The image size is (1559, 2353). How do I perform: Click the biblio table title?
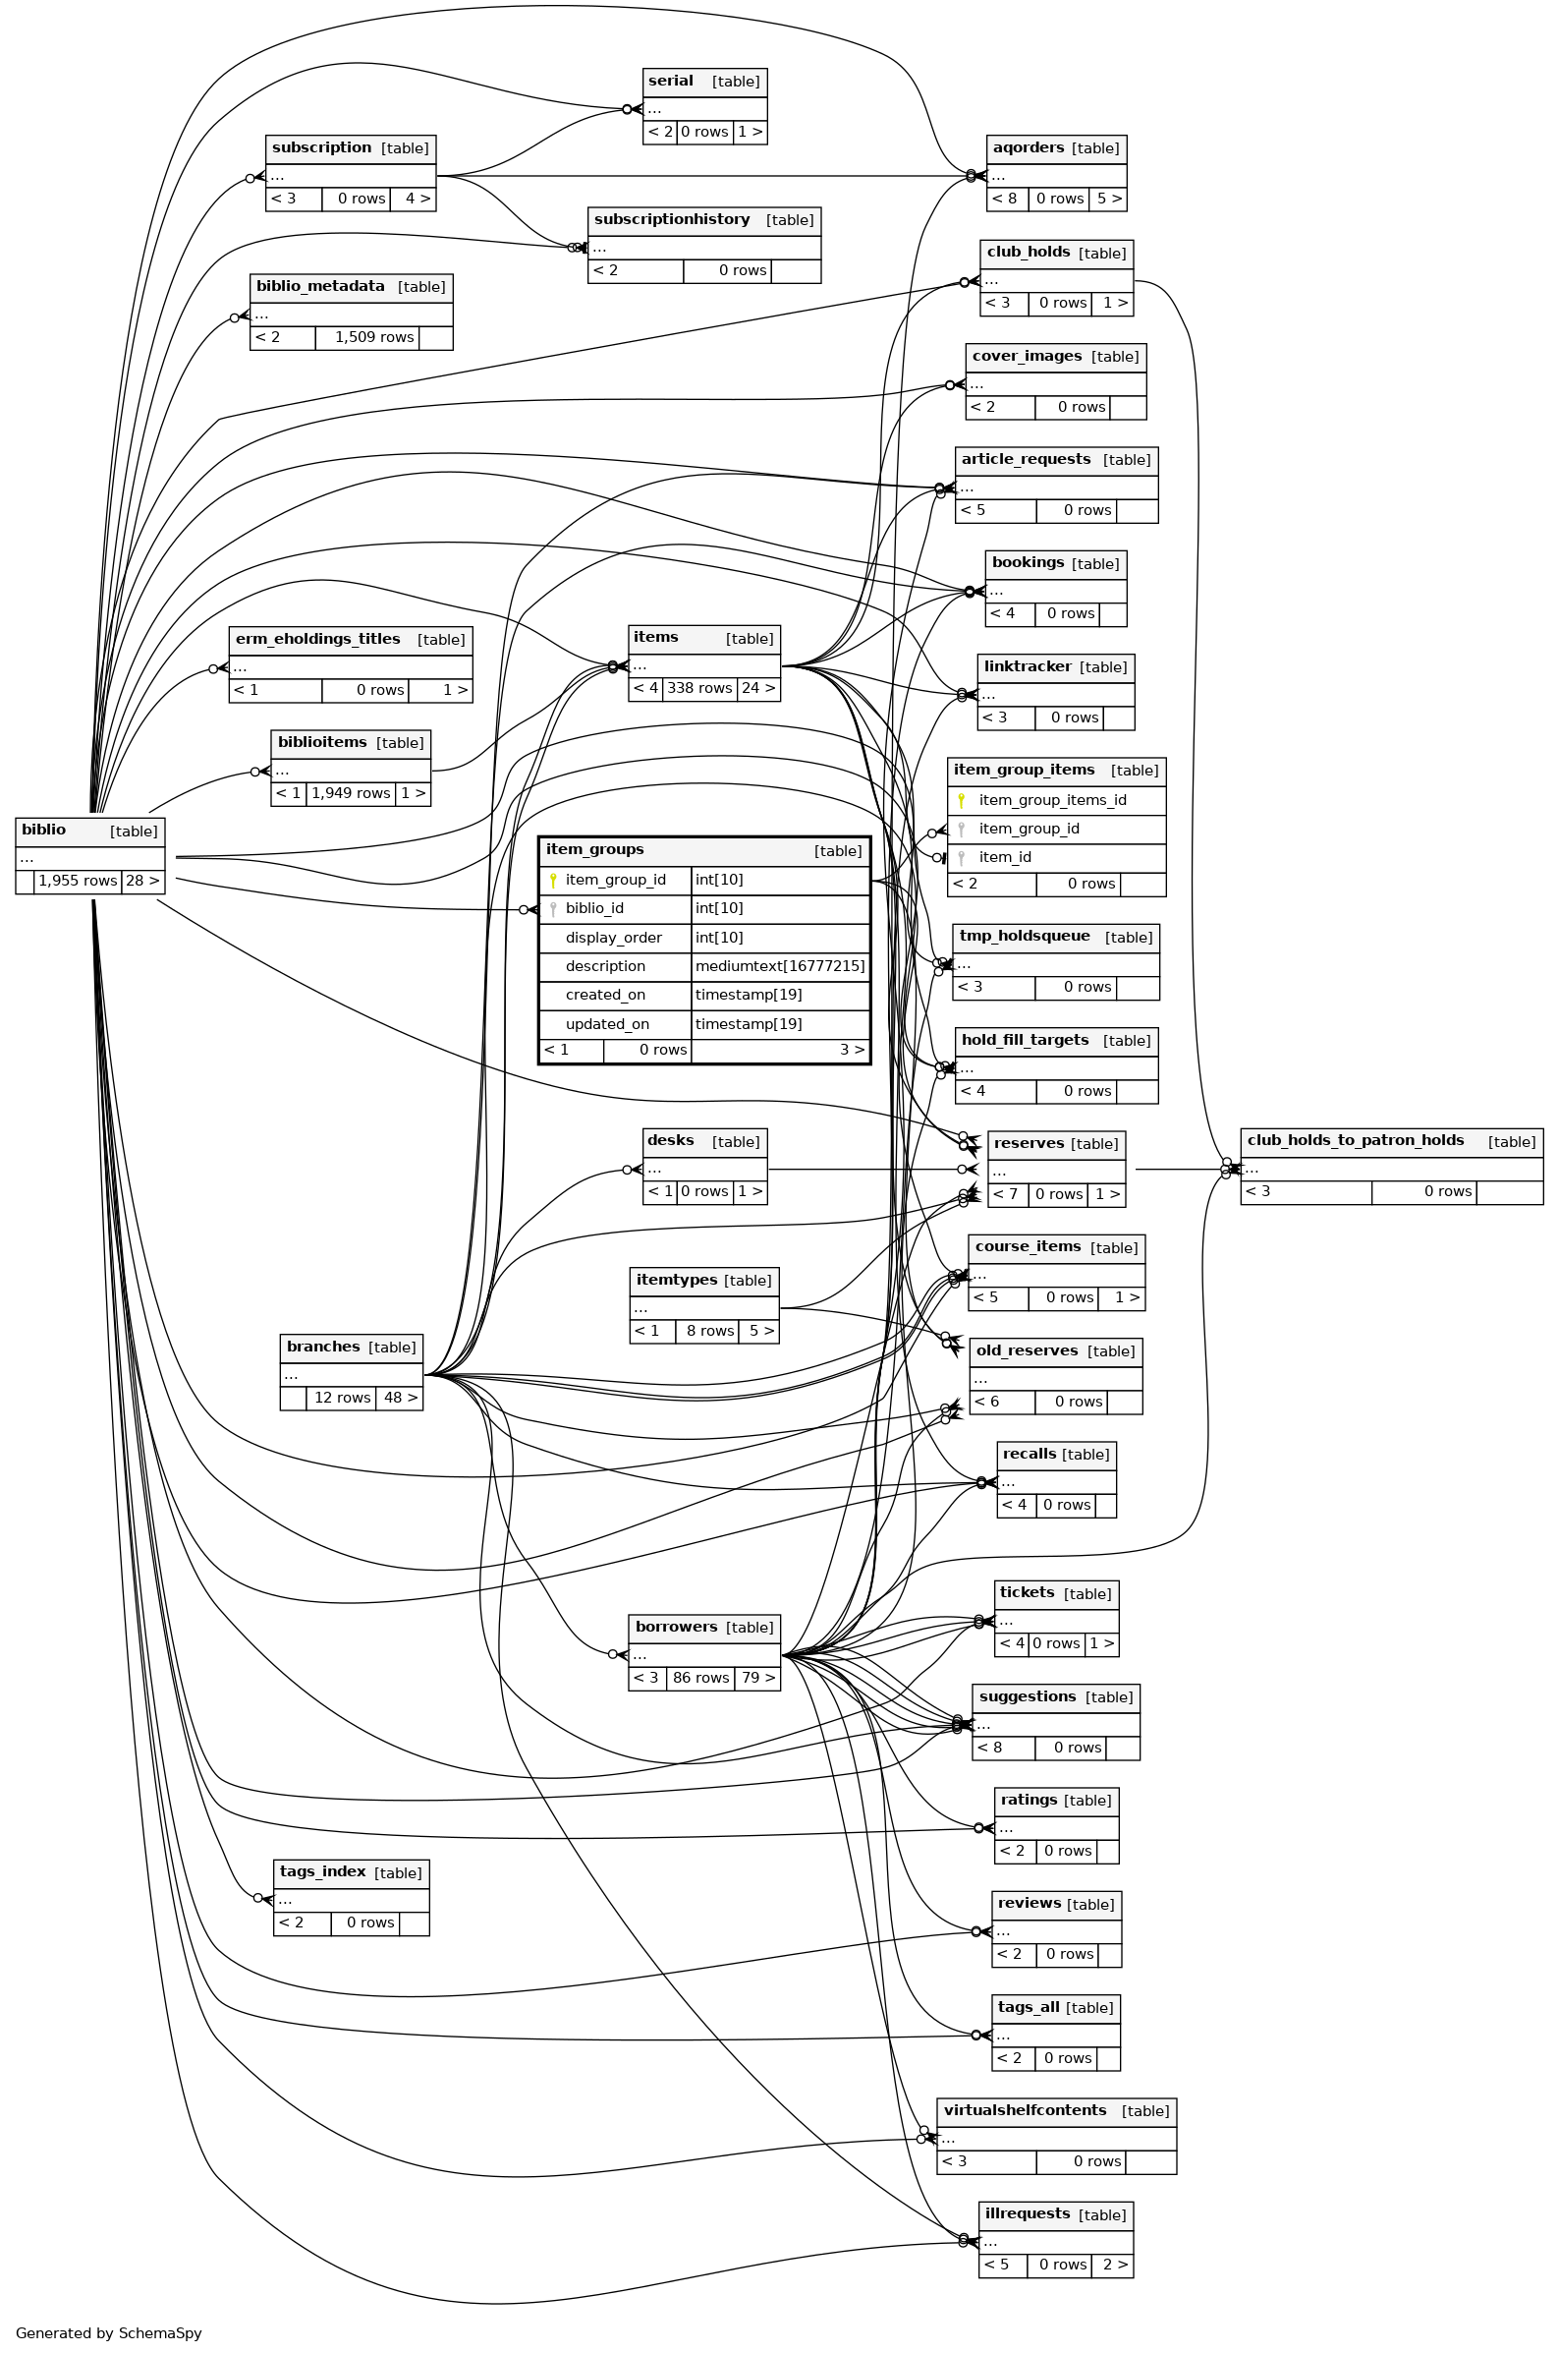(44, 830)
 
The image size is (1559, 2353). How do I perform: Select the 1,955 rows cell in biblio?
(78, 880)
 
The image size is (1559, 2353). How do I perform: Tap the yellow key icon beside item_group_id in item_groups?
(553, 879)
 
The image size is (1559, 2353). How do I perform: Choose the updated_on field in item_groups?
(606, 1023)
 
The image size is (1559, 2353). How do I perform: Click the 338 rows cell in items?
(699, 688)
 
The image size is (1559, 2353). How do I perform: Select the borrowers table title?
(676, 1626)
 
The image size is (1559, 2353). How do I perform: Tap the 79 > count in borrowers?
(757, 1677)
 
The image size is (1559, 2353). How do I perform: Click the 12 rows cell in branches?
(342, 1398)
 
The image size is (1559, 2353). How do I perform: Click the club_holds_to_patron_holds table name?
(1356, 1140)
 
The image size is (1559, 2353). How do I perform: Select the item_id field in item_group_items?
(1004, 856)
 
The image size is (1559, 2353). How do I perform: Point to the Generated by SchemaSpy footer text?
(108, 2332)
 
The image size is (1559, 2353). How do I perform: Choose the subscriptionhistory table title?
(671, 219)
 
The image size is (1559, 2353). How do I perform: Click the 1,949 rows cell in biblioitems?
(350, 792)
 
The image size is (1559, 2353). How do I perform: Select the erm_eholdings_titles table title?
(317, 639)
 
